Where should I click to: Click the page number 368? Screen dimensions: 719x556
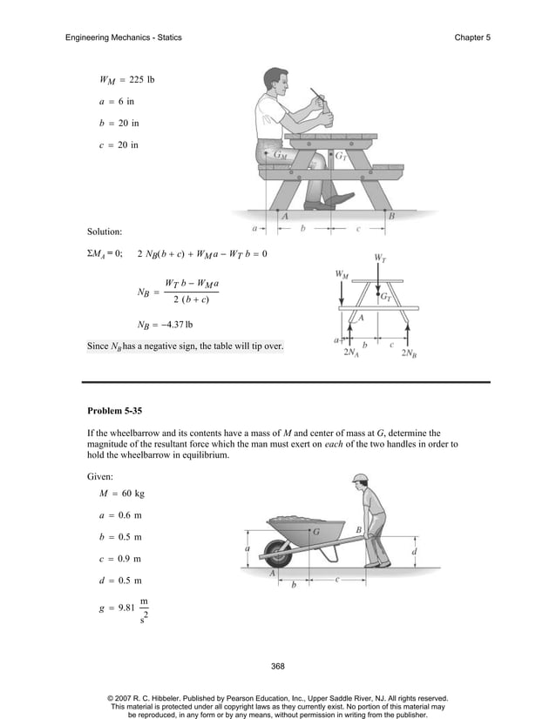click(278, 666)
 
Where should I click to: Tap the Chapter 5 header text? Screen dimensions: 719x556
click(472, 37)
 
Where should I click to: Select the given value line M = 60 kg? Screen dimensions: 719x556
click(121, 494)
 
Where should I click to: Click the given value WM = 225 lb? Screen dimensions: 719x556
click(126, 81)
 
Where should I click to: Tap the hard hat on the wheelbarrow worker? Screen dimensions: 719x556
click(360, 479)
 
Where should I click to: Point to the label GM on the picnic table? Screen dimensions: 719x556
click(281, 156)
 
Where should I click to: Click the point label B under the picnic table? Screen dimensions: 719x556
click(391, 216)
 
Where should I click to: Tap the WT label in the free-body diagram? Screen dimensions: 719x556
click(380, 258)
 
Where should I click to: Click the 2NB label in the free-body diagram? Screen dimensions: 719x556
click(408, 355)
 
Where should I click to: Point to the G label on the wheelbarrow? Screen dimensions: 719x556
click(315, 530)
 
